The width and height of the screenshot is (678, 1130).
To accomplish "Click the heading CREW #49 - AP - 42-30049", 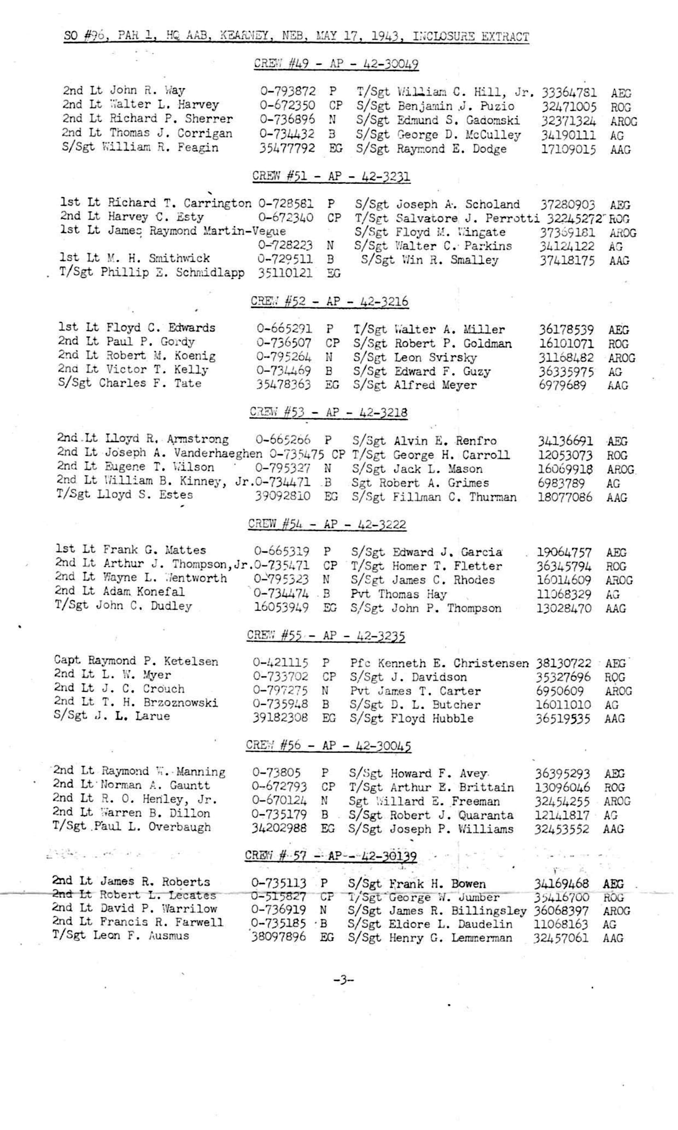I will (x=336, y=64).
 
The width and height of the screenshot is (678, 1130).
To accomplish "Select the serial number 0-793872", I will (x=288, y=91).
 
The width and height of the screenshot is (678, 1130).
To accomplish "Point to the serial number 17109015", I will (x=568, y=149).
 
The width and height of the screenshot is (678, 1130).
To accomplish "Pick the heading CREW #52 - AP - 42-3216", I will (x=330, y=302).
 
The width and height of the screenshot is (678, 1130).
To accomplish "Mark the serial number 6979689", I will (x=562, y=385).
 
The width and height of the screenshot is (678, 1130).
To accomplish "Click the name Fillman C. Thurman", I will (x=455, y=497).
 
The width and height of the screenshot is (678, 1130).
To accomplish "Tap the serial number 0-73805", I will (x=276, y=772).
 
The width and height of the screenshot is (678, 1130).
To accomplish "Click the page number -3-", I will (x=344, y=979).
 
